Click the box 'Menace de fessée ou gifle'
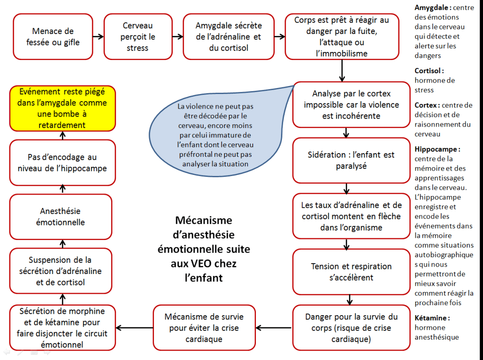(x=53, y=37)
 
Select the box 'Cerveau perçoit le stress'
(x=138, y=37)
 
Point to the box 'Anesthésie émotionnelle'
(x=61, y=217)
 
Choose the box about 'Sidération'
(x=351, y=160)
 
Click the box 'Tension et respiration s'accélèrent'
(x=351, y=272)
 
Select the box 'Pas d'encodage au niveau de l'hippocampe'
(x=62, y=163)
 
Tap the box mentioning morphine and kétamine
(x=62, y=328)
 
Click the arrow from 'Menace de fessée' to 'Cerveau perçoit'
(x=98, y=36)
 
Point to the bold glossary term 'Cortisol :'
(x=429, y=70)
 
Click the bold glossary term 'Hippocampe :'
(x=437, y=149)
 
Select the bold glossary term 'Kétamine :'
(x=432, y=317)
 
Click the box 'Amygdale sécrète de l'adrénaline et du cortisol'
(x=229, y=37)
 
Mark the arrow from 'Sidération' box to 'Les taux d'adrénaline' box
(x=347, y=188)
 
